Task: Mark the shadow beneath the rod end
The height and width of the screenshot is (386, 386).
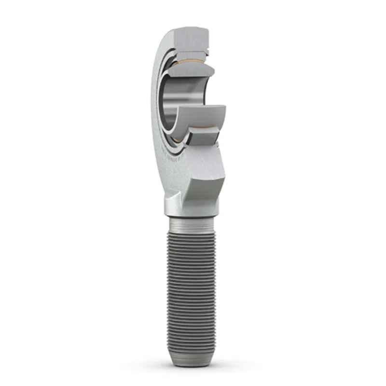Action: [193, 363]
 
